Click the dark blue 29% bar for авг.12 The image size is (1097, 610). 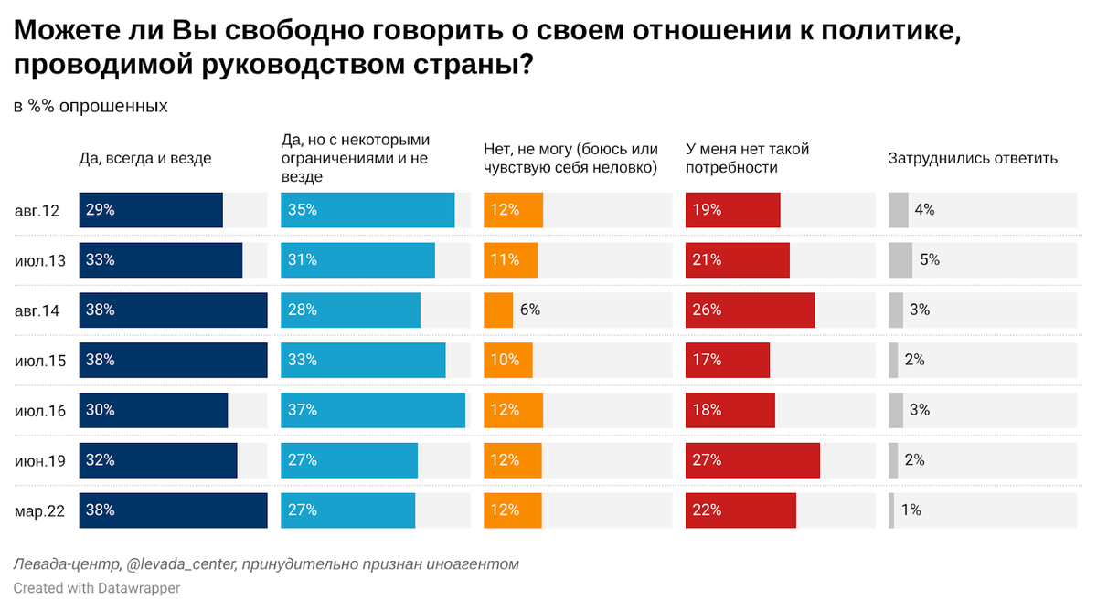point(151,210)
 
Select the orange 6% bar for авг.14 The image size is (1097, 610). point(498,310)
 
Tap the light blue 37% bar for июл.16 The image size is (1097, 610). point(373,410)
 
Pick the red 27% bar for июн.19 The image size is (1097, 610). point(752,460)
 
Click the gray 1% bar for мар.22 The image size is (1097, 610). point(891,510)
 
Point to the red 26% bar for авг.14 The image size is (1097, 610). point(750,310)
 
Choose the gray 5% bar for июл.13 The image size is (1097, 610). point(900,259)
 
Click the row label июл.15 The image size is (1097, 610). point(40,361)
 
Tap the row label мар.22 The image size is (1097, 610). point(40,511)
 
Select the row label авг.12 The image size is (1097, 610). point(37,210)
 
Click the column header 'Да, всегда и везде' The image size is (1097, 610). point(145,158)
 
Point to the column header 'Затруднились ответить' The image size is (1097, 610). point(973,158)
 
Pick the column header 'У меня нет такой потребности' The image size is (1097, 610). point(747,158)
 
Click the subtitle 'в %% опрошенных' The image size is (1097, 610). point(91,106)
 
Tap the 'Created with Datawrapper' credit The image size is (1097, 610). point(96,588)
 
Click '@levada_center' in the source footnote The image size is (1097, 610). point(178,564)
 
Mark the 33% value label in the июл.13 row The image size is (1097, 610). point(100,259)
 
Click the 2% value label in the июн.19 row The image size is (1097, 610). point(914,460)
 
